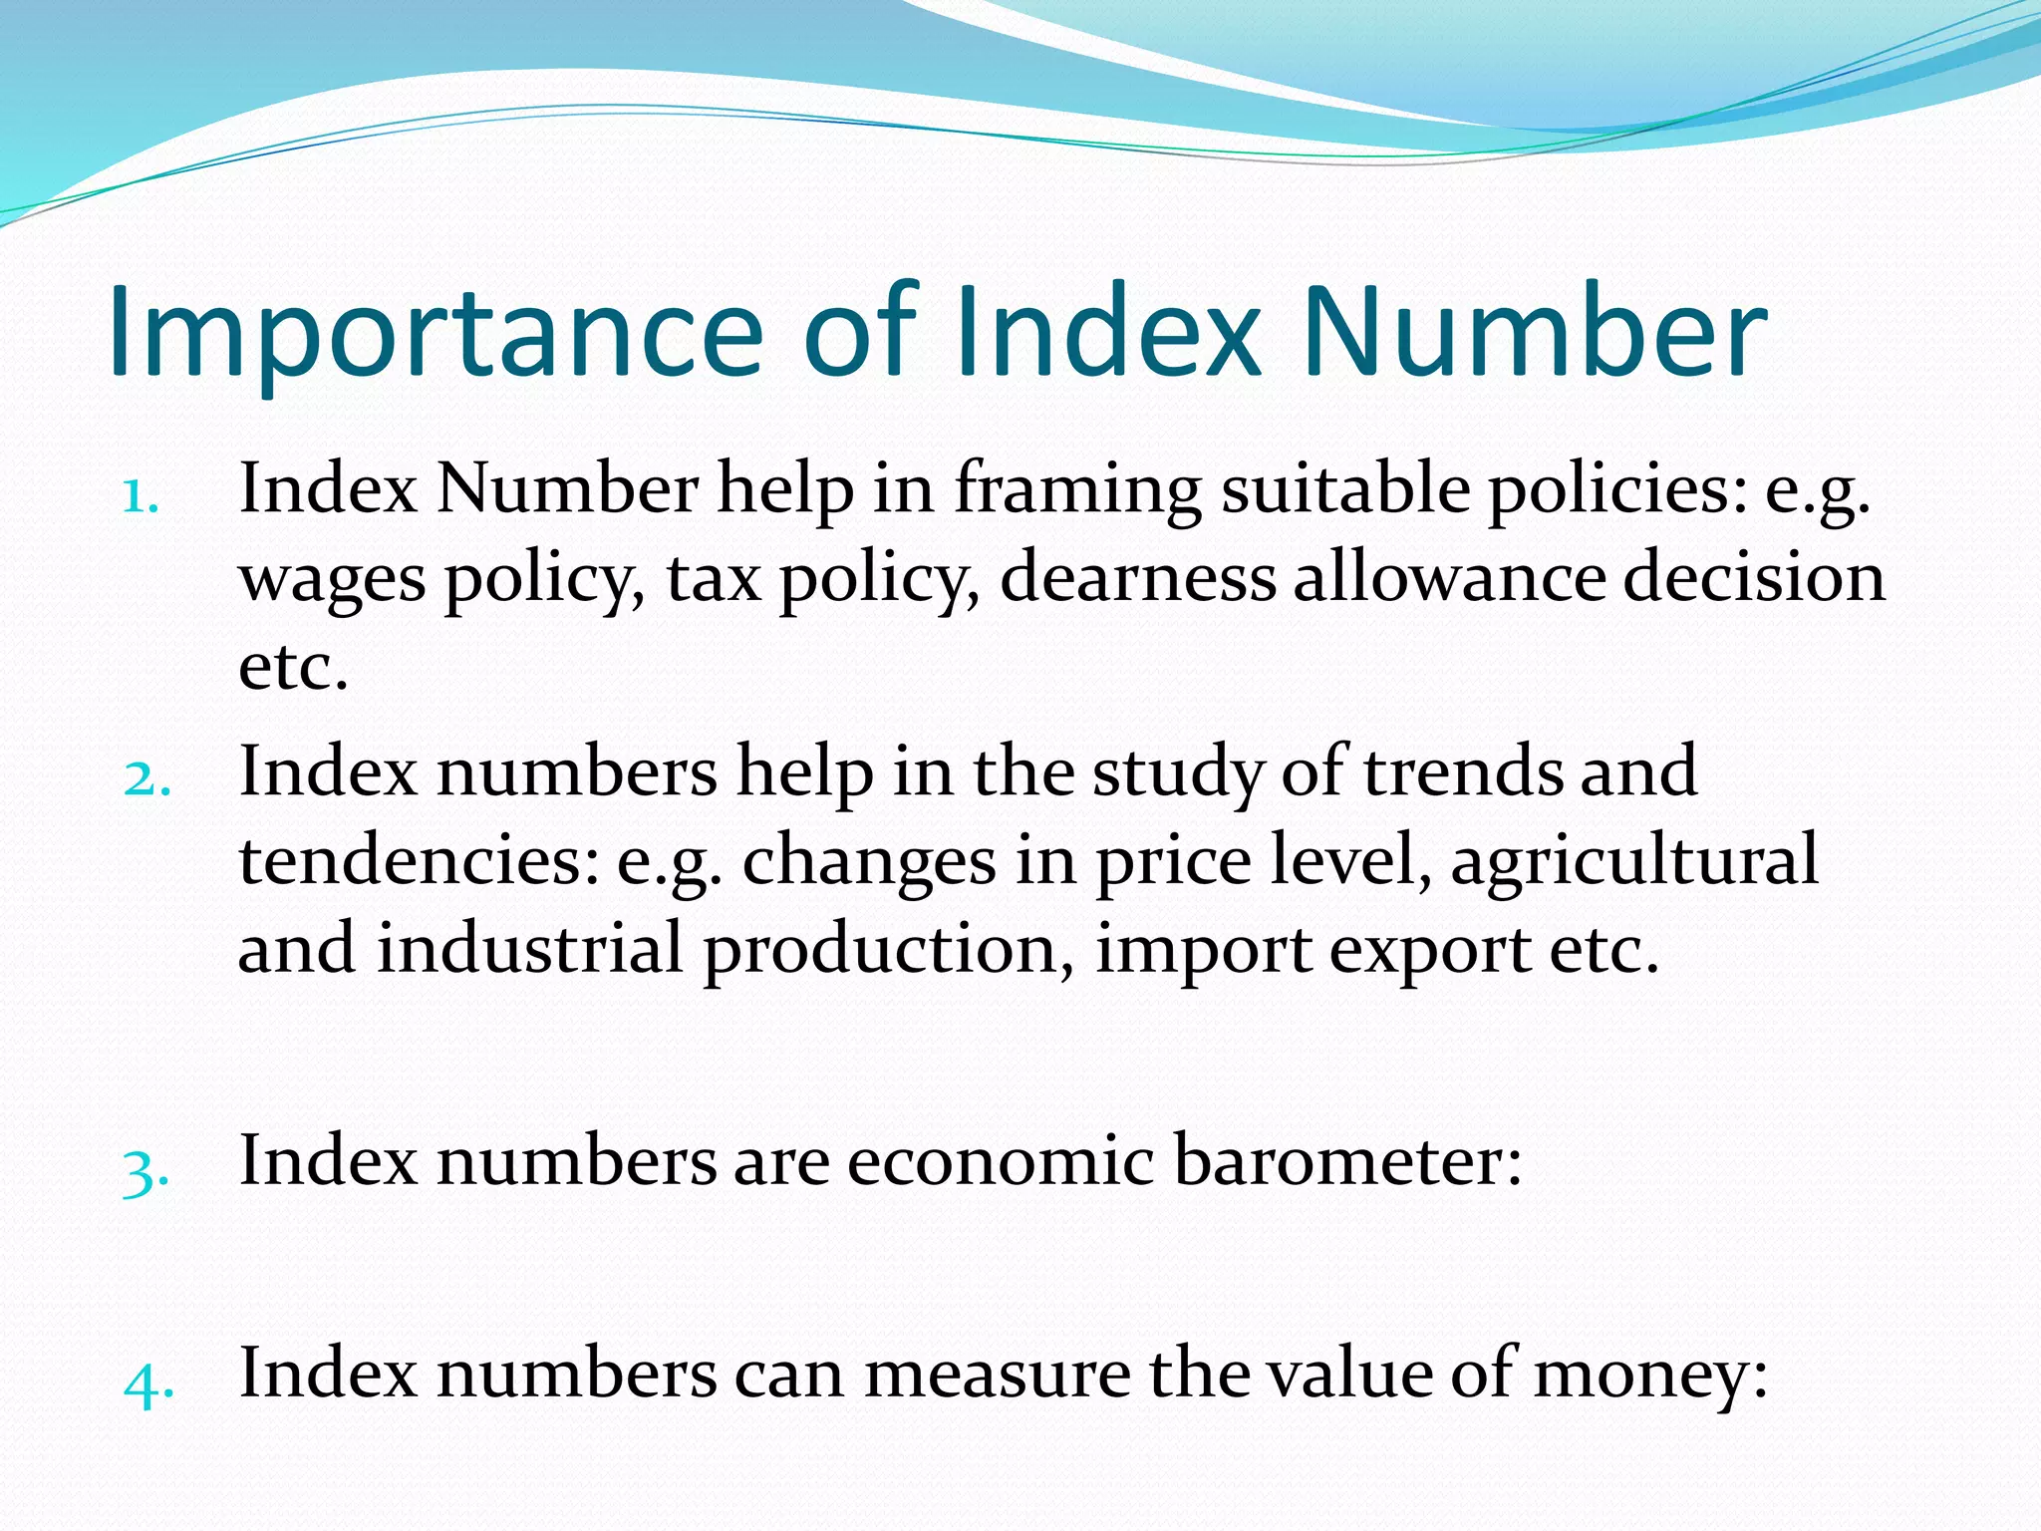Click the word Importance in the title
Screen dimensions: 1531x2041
[436, 334]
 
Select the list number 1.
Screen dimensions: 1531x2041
[140, 495]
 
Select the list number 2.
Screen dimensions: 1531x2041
[146, 778]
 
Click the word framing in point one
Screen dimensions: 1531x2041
[1077, 490]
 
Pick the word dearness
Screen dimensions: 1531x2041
[1137, 578]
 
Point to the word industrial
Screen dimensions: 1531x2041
[529, 948]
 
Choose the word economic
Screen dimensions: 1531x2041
[1001, 1161]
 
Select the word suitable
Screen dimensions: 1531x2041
[1345, 490]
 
